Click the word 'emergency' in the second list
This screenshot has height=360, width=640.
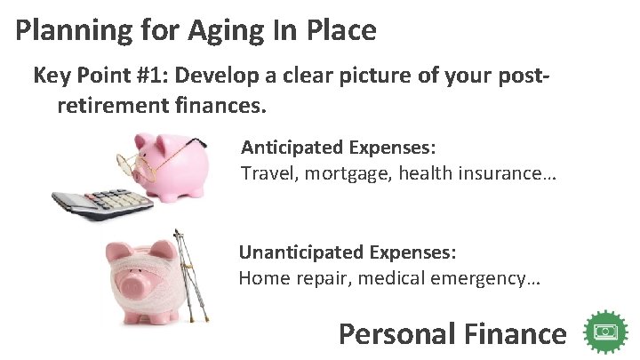click(x=480, y=278)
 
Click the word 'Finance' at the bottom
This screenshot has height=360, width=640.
click(x=514, y=334)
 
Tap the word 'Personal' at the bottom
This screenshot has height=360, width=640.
click(x=394, y=334)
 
